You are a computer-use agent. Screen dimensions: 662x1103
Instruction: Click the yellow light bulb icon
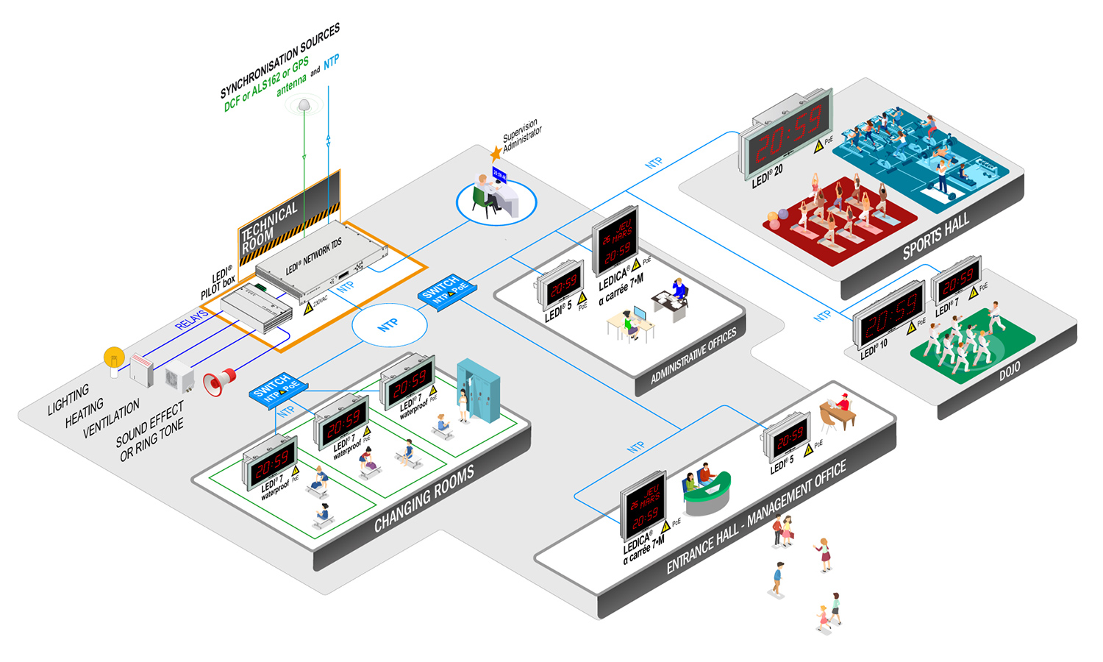tap(114, 360)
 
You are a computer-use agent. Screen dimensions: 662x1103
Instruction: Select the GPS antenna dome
tap(304, 106)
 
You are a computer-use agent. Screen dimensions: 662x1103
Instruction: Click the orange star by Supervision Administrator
tap(496, 154)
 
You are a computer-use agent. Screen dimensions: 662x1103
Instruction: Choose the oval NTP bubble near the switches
tap(388, 324)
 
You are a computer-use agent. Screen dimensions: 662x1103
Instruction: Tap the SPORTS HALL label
tap(935, 237)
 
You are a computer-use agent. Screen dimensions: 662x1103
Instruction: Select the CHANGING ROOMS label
tap(424, 499)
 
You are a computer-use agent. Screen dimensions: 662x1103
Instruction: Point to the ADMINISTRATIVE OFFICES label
tap(693, 356)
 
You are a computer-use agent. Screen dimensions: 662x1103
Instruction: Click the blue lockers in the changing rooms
tap(479, 388)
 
